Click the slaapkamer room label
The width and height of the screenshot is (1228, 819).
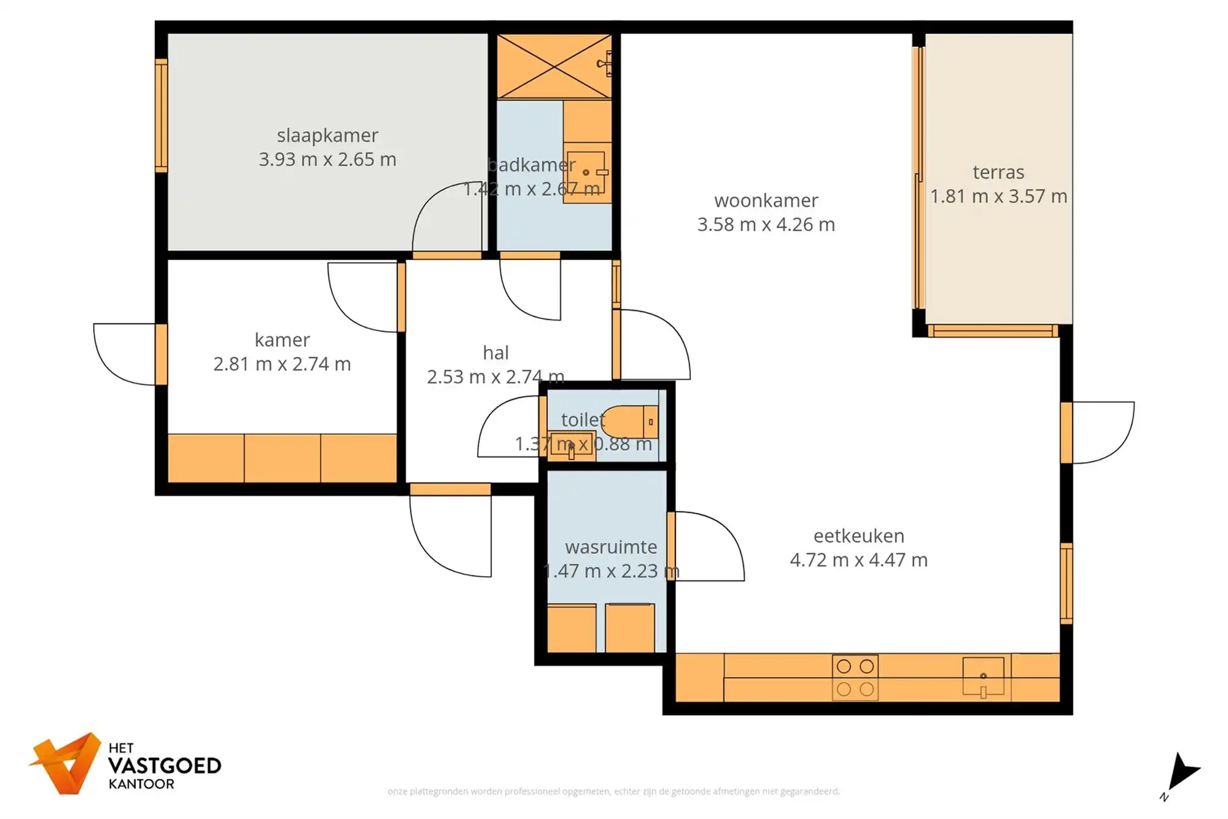(327, 135)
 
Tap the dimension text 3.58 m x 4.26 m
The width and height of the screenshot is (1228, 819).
(766, 225)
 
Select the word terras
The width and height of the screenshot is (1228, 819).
(998, 173)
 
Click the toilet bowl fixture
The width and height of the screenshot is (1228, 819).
(630, 421)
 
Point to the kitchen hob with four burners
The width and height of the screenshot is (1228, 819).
(855, 678)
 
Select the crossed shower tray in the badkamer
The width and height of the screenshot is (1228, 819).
(554, 66)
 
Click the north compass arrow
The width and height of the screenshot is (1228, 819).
(1182, 772)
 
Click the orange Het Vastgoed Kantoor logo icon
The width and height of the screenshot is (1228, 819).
(67, 762)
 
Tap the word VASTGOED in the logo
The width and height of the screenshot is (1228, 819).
(165, 766)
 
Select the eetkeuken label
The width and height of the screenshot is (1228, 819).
(858, 536)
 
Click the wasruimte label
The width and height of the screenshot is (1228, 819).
(611, 547)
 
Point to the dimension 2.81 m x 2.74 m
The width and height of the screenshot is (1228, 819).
(282, 364)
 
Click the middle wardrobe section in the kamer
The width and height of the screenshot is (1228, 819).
(282, 458)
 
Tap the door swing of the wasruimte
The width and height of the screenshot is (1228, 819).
(709, 547)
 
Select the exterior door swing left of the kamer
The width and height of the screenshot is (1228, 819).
(123, 355)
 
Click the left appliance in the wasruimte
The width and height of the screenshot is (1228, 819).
(571, 628)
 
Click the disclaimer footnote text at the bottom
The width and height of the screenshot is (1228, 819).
(613, 791)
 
